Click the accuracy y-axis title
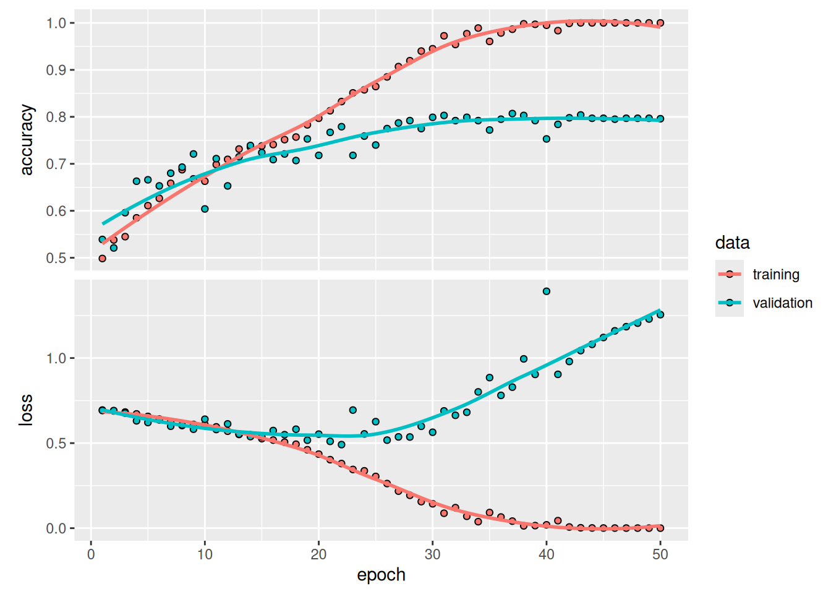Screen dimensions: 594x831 (26, 140)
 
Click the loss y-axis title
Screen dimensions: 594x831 (26, 410)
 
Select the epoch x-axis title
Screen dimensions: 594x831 (381, 575)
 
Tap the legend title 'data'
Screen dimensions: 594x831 (732, 243)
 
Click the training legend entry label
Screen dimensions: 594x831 (775, 274)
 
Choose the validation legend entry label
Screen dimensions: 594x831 (782, 303)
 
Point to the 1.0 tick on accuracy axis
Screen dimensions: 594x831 (56, 23)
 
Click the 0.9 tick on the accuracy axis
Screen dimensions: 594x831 (56, 70)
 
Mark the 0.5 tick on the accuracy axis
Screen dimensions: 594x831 (56, 258)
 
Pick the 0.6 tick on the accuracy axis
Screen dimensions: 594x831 (56, 211)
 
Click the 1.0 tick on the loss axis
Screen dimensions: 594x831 (56, 358)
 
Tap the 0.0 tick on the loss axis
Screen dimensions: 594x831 (56, 528)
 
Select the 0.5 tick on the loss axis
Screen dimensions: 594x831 (56, 443)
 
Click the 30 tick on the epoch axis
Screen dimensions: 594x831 (432, 554)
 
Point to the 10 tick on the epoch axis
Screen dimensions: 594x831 (205, 554)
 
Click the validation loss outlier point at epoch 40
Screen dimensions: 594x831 (546, 291)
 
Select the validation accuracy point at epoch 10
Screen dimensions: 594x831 (205, 209)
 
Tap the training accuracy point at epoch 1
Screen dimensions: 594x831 (103, 259)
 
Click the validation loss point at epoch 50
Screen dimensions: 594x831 (660, 315)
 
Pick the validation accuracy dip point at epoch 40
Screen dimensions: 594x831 (546, 139)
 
